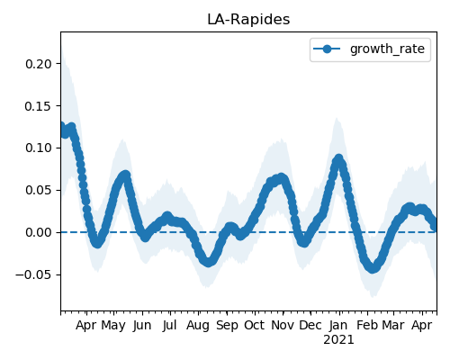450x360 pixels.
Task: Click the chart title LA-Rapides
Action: click(x=248, y=20)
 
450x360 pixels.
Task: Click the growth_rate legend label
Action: click(x=387, y=49)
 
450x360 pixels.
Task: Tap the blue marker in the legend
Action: click(x=327, y=49)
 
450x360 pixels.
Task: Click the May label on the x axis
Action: click(x=113, y=326)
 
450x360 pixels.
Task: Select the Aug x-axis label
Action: click(x=198, y=326)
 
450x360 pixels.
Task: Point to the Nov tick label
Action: click(x=283, y=326)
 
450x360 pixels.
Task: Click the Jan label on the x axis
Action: click(x=338, y=326)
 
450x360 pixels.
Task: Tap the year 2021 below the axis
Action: click(x=338, y=340)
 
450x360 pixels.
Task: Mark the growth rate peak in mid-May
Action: click(x=125, y=175)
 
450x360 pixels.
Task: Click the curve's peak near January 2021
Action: click(x=338, y=158)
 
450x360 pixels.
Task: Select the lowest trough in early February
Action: click(x=373, y=268)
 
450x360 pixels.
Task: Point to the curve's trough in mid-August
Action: click(x=208, y=262)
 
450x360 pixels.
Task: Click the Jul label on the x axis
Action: click(x=170, y=326)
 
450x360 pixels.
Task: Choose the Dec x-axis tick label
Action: click(x=310, y=326)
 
